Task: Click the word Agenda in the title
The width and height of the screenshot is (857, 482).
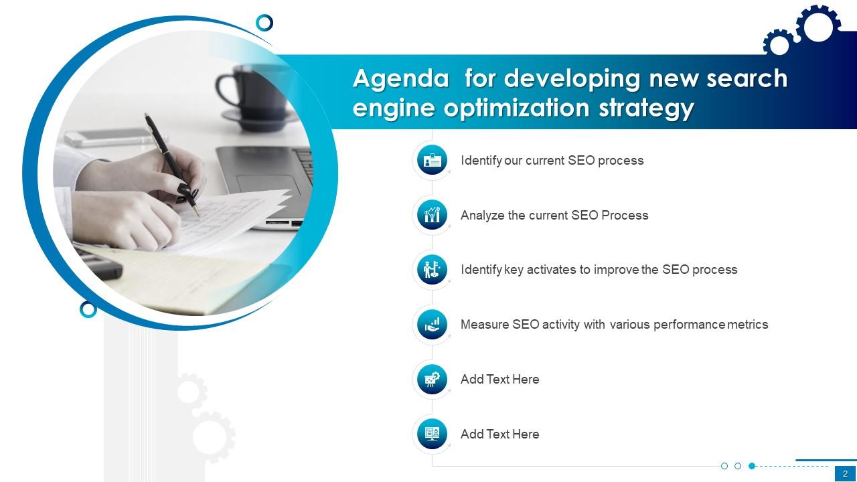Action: [x=400, y=79]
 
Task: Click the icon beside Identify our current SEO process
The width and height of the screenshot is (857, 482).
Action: [x=432, y=160]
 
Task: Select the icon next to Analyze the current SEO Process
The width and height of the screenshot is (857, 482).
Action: [x=432, y=215]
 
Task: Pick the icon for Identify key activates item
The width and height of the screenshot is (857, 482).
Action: [x=432, y=269]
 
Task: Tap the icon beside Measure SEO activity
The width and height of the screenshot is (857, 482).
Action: [x=432, y=325]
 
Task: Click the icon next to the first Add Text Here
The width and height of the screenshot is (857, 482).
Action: [x=432, y=380]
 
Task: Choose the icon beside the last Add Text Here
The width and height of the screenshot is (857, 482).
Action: [x=432, y=434]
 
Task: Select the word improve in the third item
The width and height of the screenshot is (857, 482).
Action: [x=616, y=270]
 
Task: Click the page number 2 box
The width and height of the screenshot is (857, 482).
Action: [x=845, y=474]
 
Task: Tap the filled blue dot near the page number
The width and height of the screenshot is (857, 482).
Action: [x=752, y=466]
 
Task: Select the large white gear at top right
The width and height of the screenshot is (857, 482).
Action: [x=818, y=27]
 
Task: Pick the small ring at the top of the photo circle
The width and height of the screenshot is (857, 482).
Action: [x=264, y=23]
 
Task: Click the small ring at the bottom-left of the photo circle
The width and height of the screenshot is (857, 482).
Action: [x=88, y=309]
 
